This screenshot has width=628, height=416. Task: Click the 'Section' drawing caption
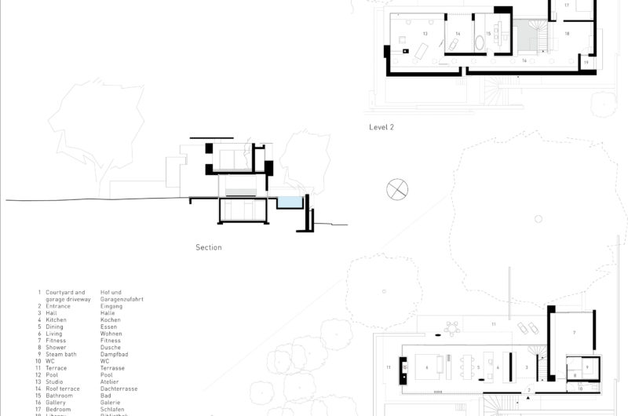click(x=209, y=247)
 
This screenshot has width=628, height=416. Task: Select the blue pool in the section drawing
click(x=290, y=203)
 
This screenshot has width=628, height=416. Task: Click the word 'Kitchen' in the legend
click(x=56, y=320)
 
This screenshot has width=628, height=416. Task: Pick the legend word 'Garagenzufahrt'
click(x=122, y=299)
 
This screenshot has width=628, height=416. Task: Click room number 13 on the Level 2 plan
click(x=425, y=34)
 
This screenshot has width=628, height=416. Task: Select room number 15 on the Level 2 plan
click(x=487, y=34)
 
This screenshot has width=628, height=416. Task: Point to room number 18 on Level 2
click(x=567, y=34)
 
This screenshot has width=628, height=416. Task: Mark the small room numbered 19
click(x=586, y=62)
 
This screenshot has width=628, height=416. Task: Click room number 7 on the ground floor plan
click(x=574, y=333)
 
